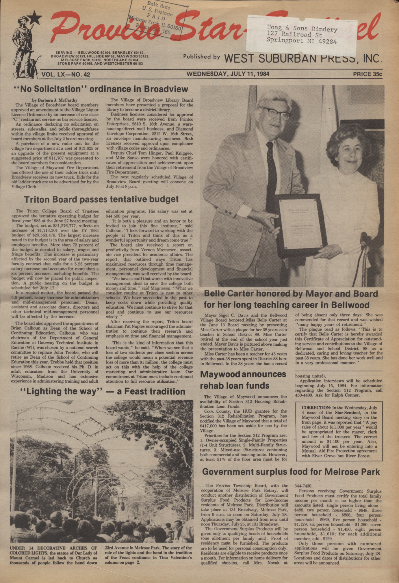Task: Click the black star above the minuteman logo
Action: pyautogui.click(x=36, y=18)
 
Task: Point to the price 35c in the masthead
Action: pyautogui.click(x=367, y=74)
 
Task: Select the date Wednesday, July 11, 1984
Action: pyautogui.click(x=228, y=74)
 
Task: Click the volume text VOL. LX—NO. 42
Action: pyautogui.click(x=66, y=74)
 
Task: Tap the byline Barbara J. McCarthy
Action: pyautogui.click(x=55, y=100)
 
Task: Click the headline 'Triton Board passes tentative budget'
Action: pyautogui.click(x=101, y=199)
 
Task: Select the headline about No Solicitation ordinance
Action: pyautogui.click(x=101, y=89)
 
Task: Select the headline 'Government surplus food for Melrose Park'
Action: pyautogui.click(x=291, y=472)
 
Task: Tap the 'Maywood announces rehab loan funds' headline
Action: pyautogui.click(x=243, y=380)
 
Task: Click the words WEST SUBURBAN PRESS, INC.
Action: pyautogui.click(x=303, y=59)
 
